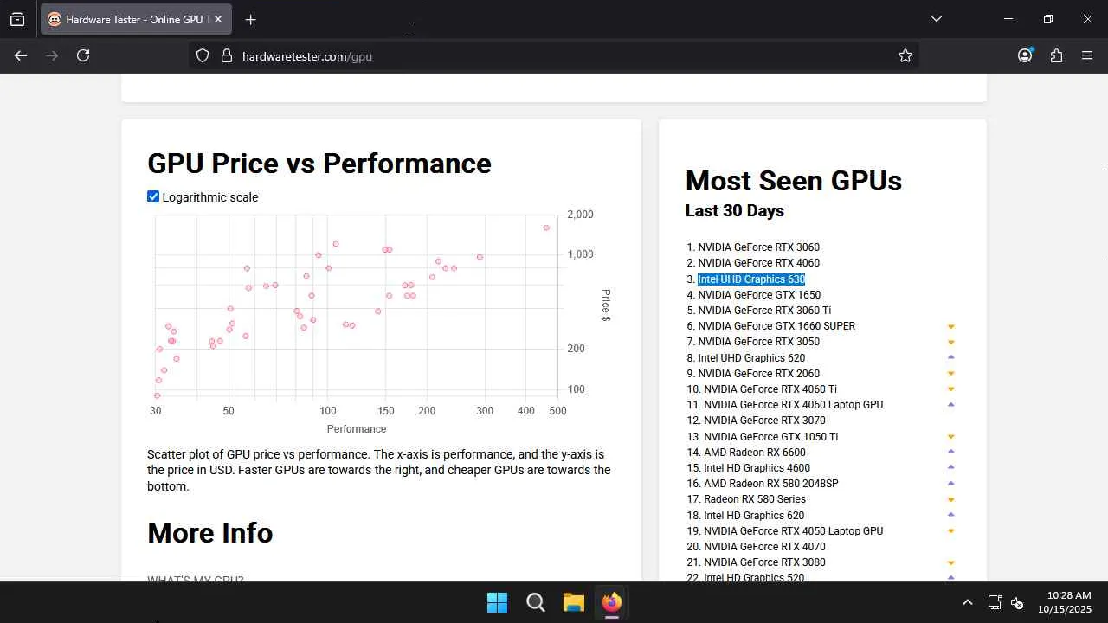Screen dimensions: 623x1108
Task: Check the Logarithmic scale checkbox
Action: point(153,197)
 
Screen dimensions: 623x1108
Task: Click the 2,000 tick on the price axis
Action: point(580,215)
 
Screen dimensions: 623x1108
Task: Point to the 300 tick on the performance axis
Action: point(485,411)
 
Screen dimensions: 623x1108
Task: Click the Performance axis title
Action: point(357,429)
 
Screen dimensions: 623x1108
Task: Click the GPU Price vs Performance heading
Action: point(319,164)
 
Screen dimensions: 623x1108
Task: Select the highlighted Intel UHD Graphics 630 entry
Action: point(751,279)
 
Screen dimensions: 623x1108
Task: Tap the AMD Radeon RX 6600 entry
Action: point(754,453)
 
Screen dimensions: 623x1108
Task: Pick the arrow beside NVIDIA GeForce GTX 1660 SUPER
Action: point(950,327)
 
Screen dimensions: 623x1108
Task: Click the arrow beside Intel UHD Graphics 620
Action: point(950,358)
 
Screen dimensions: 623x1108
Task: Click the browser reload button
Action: point(83,55)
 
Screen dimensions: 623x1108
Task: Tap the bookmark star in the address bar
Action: point(905,55)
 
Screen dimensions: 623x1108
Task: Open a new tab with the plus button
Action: point(250,20)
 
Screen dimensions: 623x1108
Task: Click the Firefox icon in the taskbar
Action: point(612,602)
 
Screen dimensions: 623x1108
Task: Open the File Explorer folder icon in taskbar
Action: point(574,602)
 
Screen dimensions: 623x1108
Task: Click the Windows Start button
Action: point(497,602)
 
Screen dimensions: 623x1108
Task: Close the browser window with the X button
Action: point(1087,19)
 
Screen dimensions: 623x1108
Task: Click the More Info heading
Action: point(210,533)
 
